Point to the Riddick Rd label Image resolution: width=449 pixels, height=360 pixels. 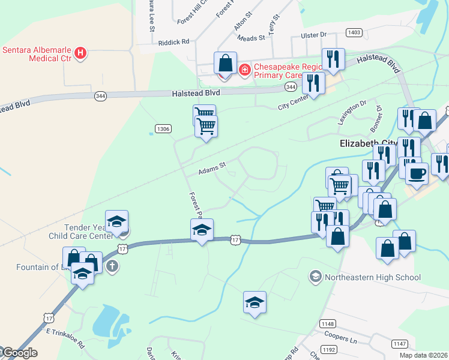173,42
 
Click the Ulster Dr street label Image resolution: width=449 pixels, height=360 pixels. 315,35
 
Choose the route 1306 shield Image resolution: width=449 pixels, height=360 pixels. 163,128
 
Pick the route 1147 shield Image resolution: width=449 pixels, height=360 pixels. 400,344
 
